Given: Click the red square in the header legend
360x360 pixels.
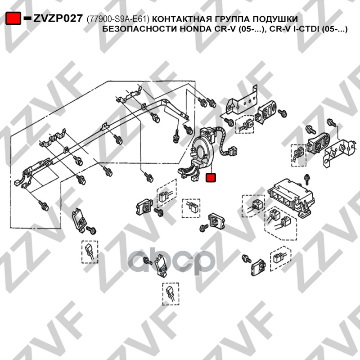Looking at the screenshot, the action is (13, 18).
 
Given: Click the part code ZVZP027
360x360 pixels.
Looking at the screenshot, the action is (58, 18).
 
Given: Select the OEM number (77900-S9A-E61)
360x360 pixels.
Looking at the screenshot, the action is (118, 19).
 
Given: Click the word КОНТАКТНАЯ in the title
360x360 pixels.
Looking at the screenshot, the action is (182, 19).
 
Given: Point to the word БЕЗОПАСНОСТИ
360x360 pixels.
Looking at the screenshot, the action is (139, 29).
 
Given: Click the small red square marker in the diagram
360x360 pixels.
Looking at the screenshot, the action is (211, 177).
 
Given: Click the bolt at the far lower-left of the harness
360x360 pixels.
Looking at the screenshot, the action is (43, 205).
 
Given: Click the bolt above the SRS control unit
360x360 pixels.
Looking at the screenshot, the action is (306, 179).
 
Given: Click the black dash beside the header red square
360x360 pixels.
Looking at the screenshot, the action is (27, 18).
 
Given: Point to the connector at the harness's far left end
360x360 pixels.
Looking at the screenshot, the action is (17, 183).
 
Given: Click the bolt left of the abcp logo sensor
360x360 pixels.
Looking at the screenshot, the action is (148, 261).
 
